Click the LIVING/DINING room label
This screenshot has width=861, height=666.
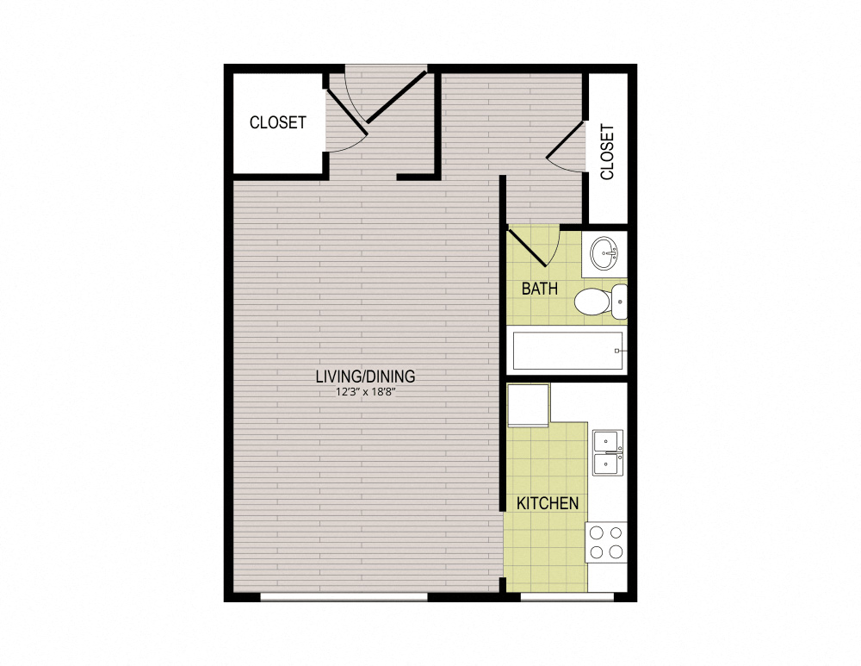click(x=365, y=376)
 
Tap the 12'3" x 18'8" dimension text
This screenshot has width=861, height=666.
click(x=365, y=392)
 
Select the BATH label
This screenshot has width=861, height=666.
click(x=540, y=289)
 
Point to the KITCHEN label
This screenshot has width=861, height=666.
click(x=548, y=503)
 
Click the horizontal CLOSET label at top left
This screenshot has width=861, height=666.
click(x=277, y=122)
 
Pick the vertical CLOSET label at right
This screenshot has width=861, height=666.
click(x=607, y=152)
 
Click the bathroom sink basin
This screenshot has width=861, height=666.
click(x=604, y=252)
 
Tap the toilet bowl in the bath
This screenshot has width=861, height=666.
click(x=592, y=301)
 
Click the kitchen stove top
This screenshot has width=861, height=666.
click(x=606, y=542)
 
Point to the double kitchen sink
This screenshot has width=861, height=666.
click(x=608, y=452)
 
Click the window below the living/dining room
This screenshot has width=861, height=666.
click(x=344, y=596)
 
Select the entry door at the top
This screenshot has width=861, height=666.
click(x=396, y=96)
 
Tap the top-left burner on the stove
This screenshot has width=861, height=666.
click(x=596, y=532)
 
